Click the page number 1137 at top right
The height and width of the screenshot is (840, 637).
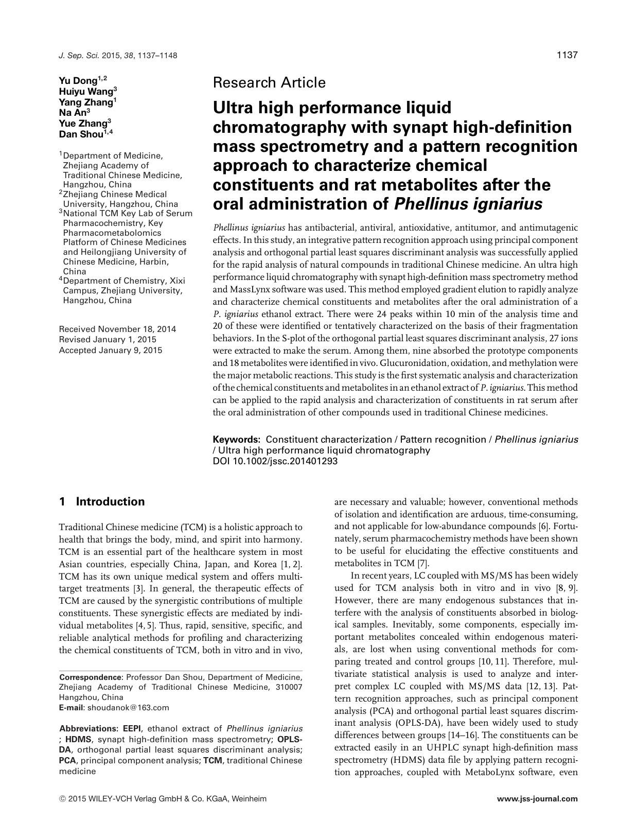click(x=567, y=55)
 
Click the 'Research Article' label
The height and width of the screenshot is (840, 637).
click(x=269, y=82)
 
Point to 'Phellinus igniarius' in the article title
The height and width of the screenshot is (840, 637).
click(x=468, y=204)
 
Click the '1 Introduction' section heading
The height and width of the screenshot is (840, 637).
click(x=102, y=502)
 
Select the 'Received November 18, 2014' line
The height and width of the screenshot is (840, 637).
click(x=118, y=329)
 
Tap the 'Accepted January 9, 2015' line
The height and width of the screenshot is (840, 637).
click(x=111, y=351)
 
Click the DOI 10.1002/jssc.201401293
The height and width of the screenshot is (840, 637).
click(x=275, y=461)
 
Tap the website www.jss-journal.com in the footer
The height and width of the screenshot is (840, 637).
click(x=537, y=799)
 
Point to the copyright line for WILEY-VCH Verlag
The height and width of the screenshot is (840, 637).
click(x=164, y=799)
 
